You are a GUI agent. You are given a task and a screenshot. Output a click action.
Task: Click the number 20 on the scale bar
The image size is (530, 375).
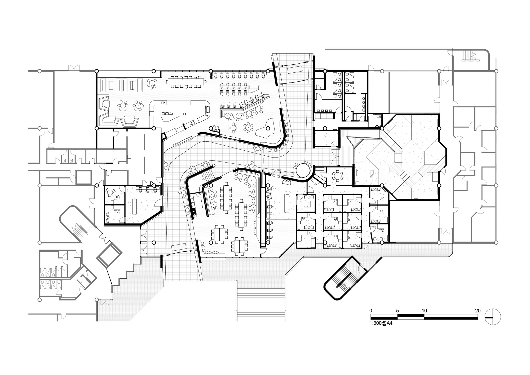(x=478, y=311)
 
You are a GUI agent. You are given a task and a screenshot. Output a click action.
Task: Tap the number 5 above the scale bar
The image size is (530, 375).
(x=397, y=311)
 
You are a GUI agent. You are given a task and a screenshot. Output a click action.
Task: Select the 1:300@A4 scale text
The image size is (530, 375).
(x=381, y=323)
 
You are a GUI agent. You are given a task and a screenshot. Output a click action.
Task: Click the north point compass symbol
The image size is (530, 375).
(x=493, y=317)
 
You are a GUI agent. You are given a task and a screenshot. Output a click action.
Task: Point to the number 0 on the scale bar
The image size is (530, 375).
(x=371, y=311)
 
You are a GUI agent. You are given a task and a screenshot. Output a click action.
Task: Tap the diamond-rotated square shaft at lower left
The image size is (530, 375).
(x=109, y=255)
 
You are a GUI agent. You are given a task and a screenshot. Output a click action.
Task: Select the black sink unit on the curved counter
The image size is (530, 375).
(x=194, y=212)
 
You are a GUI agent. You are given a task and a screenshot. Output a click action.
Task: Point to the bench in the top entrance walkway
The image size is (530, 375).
(x=295, y=70)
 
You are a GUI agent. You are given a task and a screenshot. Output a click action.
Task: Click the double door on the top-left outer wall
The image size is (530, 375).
(x=74, y=68)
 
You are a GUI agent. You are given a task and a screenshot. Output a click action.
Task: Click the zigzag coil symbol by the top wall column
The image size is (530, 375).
(x=211, y=76)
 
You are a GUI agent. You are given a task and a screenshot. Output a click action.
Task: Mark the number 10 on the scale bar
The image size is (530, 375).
(x=424, y=311)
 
